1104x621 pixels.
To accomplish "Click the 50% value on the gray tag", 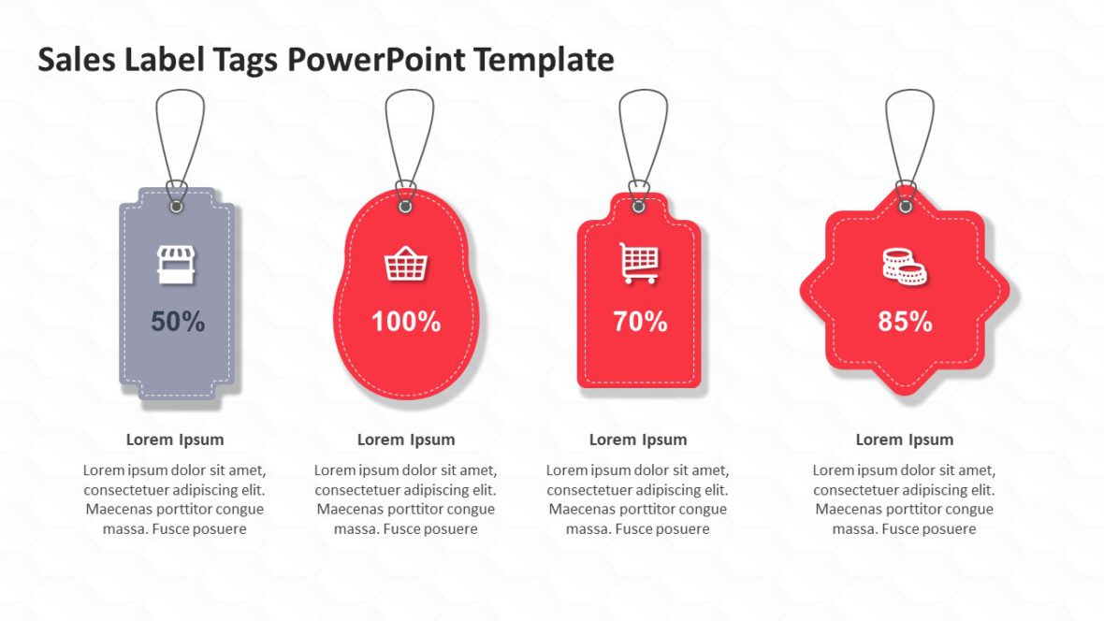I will tap(178, 322).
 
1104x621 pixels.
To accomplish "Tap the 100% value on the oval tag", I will tap(406, 322).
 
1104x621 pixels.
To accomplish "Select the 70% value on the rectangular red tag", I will tap(640, 322).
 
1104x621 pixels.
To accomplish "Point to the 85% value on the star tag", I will tap(905, 322).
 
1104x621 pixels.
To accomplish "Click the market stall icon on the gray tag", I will tap(175, 265).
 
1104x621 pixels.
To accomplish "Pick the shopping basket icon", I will tap(406, 265).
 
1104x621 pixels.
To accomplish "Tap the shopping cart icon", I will tap(639, 263).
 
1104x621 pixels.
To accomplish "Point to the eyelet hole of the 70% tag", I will tap(639, 205).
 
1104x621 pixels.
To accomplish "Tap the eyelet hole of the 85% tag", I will tap(905, 205).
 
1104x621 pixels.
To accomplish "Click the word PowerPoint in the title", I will tap(376, 60).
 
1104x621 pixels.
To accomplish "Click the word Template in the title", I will tap(544, 60).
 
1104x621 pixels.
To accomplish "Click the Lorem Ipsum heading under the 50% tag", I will tap(175, 440).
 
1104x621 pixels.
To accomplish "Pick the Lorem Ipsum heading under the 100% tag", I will tap(406, 440).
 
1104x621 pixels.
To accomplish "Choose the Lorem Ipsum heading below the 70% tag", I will tap(638, 440).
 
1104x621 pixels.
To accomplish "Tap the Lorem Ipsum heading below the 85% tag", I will tap(905, 440).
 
